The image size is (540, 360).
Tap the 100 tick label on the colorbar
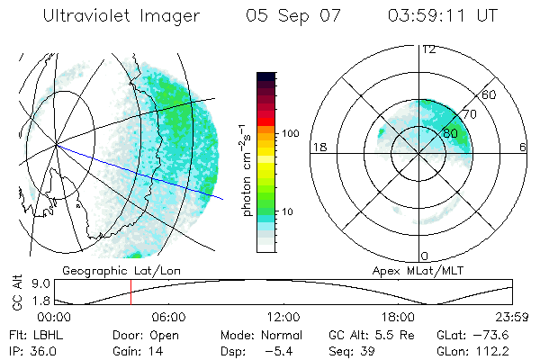pyautogui.click(x=291, y=133)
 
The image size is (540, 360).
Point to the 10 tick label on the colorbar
pyautogui.click(x=289, y=211)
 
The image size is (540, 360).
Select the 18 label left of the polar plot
pyautogui.click(x=318, y=147)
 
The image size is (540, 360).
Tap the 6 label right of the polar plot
pyautogui.click(x=523, y=147)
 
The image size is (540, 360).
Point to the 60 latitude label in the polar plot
pyautogui.click(x=490, y=94)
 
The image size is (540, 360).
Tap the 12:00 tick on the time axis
pyautogui.click(x=283, y=317)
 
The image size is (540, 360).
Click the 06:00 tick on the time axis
pyautogui.click(x=169, y=317)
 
